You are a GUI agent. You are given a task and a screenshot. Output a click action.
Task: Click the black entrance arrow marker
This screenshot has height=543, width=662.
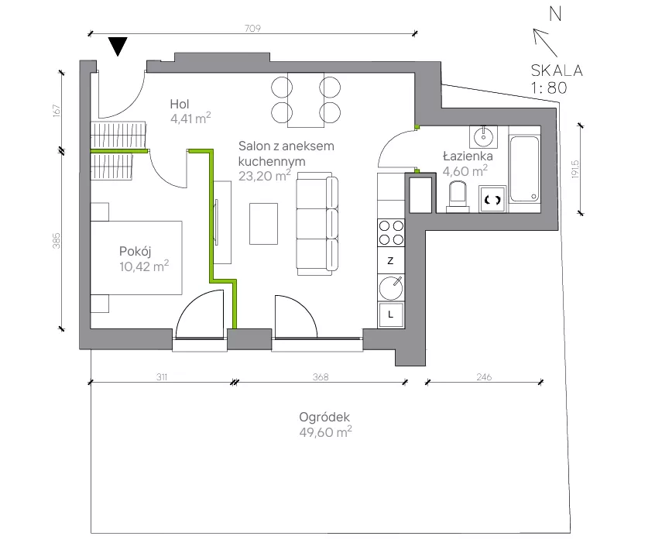(118, 46)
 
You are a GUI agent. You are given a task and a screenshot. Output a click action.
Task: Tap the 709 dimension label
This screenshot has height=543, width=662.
(252, 29)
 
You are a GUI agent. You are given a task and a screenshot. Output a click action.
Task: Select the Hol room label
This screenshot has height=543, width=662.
(180, 104)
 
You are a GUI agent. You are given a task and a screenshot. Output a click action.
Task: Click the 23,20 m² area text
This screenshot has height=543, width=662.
(265, 175)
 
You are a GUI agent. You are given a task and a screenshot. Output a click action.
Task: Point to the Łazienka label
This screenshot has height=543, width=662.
(468, 156)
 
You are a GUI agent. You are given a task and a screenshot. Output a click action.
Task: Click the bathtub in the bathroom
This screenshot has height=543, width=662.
(525, 169)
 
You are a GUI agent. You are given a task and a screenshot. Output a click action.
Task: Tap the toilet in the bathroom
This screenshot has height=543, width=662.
(458, 196)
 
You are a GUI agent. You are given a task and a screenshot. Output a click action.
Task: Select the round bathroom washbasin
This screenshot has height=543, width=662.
(483, 137)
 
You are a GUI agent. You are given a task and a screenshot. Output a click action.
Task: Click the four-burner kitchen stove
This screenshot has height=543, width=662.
(391, 232)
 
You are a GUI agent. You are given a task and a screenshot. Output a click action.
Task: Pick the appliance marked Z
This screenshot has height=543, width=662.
(390, 260)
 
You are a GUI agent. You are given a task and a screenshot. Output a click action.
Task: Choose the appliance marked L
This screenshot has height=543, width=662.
(391, 314)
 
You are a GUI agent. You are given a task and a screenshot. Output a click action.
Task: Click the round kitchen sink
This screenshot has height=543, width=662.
(391, 287)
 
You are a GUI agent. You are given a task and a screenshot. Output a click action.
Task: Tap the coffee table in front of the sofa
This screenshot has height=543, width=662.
(263, 224)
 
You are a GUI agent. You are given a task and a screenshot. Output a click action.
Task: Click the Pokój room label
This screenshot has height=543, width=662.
(135, 251)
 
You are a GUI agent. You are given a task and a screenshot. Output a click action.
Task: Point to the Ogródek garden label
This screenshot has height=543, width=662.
(324, 418)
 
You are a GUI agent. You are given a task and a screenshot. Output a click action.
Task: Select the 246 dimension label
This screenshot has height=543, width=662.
(484, 376)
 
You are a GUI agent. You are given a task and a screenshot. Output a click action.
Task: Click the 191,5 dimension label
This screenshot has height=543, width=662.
(575, 169)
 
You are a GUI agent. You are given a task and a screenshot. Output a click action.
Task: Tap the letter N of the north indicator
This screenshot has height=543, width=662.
(556, 14)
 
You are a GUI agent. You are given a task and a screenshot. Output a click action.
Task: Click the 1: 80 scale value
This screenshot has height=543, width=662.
(549, 88)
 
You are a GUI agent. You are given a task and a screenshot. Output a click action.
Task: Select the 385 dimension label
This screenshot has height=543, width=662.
(57, 241)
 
